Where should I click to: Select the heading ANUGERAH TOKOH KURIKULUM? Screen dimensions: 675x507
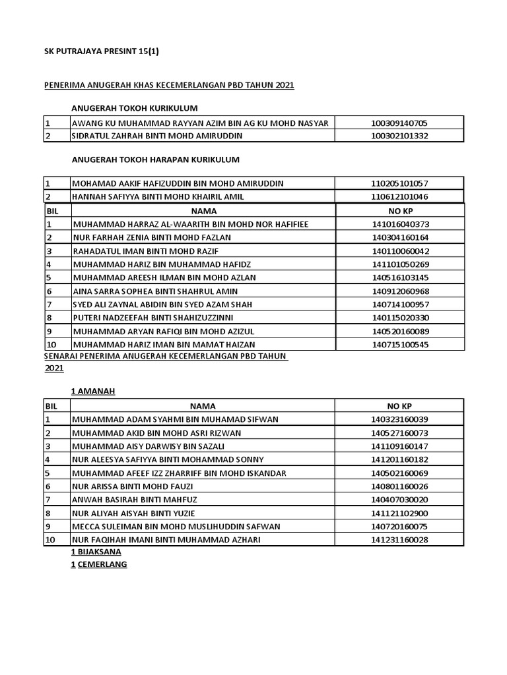[135, 108]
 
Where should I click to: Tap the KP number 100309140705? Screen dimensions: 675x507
[400, 123]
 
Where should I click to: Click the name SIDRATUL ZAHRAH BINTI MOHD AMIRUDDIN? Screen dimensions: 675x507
[157, 136]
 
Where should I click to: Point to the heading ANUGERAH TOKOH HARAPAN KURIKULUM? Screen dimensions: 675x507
[155, 160]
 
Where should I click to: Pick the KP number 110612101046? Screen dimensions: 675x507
[400, 196]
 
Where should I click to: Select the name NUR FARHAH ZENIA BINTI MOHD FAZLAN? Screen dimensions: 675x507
[153, 237]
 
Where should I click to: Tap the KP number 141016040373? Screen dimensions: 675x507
[400, 224]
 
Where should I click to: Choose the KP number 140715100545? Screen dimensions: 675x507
[400, 344]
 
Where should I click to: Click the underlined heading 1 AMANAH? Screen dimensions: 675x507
[93, 392]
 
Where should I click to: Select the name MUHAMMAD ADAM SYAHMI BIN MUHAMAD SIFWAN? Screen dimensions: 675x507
[175, 419]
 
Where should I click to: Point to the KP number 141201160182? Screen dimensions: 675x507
[400, 459]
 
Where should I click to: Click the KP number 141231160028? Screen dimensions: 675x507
[400, 539]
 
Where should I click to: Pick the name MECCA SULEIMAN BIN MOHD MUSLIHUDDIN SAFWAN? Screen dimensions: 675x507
[176, 526]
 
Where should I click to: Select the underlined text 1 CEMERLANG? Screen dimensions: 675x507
[99, 565]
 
